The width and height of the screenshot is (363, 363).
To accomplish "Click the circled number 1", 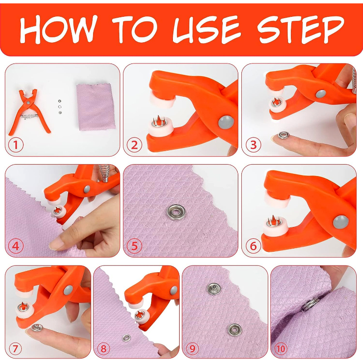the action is [x=16, y=145].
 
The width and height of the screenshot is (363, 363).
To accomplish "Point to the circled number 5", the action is [x=134, y=246].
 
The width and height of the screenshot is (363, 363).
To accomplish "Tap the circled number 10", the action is [x=280, y=348].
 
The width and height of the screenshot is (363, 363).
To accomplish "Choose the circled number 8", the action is [x=103, y=348].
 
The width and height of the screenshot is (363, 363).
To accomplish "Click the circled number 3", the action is [x=253, y=145].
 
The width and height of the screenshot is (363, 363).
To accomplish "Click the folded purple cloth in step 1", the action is [x=96, y=107].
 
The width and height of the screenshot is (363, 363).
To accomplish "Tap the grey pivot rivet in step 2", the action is [x=226, y=122].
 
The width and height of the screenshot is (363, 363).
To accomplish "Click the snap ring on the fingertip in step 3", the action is [x=284, y=135].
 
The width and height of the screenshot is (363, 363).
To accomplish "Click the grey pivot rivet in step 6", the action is [x=341, y=222].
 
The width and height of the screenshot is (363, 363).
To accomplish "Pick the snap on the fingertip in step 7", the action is [x=37, y=328].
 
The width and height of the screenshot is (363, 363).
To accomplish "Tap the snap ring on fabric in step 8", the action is [x=126, y=338].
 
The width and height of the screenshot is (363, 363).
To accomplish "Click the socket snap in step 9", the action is [x=235, y=330].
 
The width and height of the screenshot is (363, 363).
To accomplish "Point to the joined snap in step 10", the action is [x=311, y=304].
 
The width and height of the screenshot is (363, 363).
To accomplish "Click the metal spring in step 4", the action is [x=104, y=173].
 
